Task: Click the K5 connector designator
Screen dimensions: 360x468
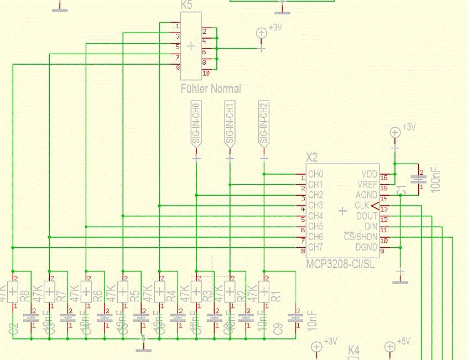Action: point(188,5)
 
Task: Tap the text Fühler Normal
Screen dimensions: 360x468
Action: point(211,88)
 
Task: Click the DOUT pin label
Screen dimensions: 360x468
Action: point(367,216)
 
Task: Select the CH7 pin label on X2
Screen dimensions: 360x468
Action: point(315,247)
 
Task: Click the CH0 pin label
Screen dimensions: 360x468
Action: point(315,174)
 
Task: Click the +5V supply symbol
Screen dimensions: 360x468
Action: point(389,347)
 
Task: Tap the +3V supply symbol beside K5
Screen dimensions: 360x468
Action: point(262,33)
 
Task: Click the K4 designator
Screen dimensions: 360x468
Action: point(353,351)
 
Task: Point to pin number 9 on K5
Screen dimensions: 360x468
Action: point(178,68)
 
